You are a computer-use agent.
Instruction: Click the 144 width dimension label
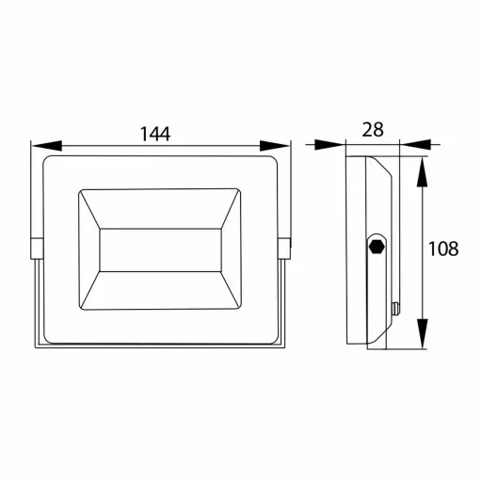pyautogui.click(x=155, y=134)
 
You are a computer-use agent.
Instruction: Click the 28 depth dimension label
pyautogui.click(x=373, y=129)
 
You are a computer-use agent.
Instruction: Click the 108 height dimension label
pyautogui.click(x=443, y=249)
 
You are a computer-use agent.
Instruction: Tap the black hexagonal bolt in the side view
pyautogui.click(x=377, y=247)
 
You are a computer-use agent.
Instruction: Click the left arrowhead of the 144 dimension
pyautogui.click(x=47, y=146)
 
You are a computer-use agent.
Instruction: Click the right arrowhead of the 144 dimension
pyautogui.click(x=274, y=146)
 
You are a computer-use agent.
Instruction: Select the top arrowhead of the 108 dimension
pyautogui.click(x=423, y=171)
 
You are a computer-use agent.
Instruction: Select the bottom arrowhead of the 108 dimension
pyautogui.click(x=423, y=333)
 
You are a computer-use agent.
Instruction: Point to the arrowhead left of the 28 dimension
pyautogui.click(x=329, y=145)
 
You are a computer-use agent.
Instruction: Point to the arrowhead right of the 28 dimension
pyautogui.click(x=416, y=144)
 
